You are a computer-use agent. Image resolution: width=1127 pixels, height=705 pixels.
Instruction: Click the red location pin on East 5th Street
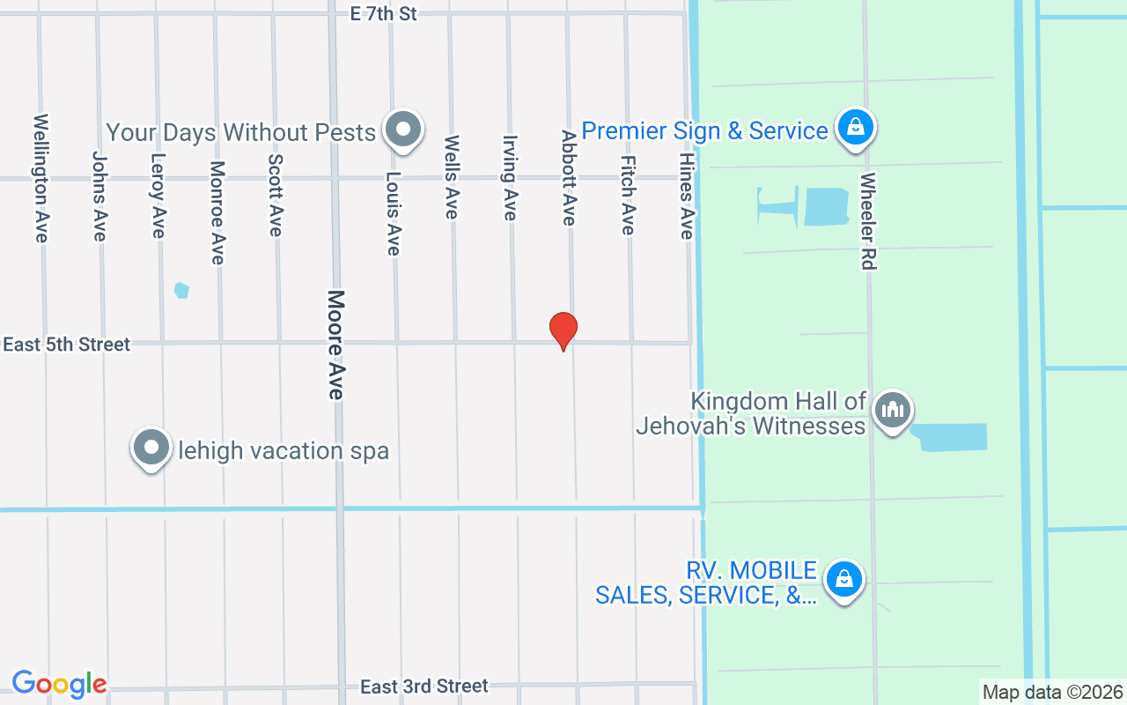click(563, 330)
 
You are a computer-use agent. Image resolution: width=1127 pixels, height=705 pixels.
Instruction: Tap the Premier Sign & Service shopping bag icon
click(855, 128)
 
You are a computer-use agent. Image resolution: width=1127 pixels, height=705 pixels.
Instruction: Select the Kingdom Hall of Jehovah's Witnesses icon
click(893, 411)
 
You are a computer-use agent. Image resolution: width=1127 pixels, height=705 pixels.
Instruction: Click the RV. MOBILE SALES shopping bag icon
click(844, 580)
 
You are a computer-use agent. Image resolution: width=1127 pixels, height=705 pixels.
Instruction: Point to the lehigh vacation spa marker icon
click(151, 448)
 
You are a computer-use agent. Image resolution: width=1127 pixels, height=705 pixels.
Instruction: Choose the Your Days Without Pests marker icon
click(404, 130)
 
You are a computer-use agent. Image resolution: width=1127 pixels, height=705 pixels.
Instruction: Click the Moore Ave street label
click(335, 345)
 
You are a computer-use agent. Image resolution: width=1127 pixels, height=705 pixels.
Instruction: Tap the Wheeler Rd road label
click(869, 220)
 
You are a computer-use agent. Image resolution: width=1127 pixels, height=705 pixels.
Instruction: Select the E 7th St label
click(383, 14)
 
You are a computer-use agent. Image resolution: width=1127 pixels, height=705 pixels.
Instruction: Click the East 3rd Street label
click(424, 686)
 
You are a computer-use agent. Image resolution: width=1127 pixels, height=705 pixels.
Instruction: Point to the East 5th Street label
click(67, 345)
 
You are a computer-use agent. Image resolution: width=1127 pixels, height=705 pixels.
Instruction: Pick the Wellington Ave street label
click(41, 177)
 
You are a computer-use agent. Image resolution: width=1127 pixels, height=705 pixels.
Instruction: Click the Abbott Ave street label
click(569, 177)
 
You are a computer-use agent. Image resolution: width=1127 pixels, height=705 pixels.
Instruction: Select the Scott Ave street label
click(276, 195)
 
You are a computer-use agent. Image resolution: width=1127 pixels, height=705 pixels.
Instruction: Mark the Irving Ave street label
click(510, 177)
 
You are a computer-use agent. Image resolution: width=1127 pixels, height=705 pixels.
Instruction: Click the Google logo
click(59, 684)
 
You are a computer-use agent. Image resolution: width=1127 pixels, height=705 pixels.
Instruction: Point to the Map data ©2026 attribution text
click(1053, 692)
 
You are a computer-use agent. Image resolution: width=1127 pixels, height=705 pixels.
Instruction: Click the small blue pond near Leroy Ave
click(181, 290)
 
